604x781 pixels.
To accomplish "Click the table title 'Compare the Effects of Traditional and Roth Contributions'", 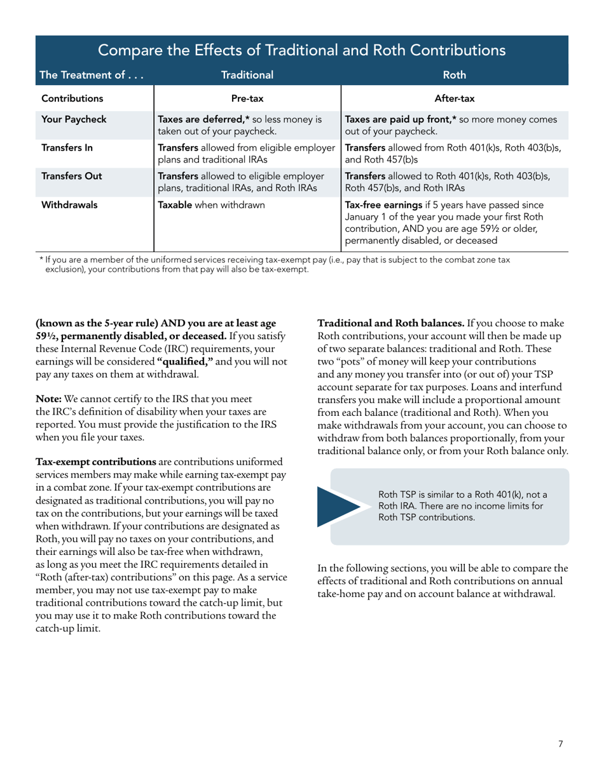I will coord(302,50).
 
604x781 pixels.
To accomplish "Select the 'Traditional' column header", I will coord(247,76).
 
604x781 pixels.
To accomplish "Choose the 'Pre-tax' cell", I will coord(247,99).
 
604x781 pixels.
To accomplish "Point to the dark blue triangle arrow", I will coord(343,505).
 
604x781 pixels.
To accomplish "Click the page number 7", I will coord(560,745).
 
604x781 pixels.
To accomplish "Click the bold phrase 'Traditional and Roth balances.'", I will coord(390,323).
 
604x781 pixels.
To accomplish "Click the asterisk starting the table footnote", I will coord(41,259).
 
